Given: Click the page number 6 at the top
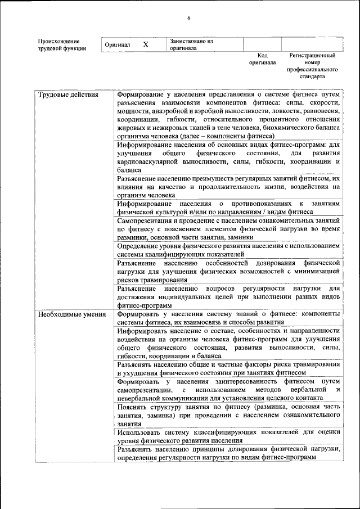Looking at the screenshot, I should pos(188,19).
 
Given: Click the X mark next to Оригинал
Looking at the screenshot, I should pos(146,44).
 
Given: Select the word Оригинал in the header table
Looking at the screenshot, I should pos(118,44).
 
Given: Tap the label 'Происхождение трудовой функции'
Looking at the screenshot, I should pos(62,44).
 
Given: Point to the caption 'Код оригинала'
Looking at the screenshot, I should pos(262,59).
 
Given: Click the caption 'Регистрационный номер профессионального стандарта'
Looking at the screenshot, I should pos(312,66).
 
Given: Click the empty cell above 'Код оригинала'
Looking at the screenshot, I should pos(262,44).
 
